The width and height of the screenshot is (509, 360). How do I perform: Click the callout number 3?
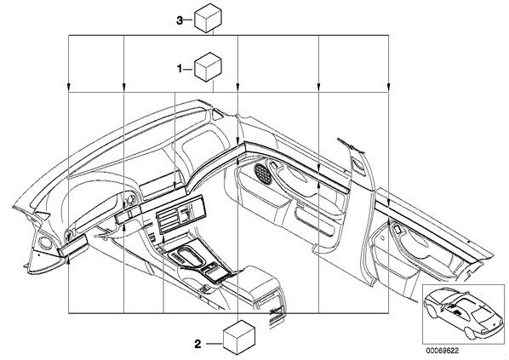pyautogui.click(x=180, y=20)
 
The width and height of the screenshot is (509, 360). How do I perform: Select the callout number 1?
pyautogui.click(x=180, y=69)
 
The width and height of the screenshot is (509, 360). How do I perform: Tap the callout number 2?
pyautogui.click(x=197, y=344)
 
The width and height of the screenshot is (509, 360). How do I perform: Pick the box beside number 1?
pyautogui.click(x=208, y=66)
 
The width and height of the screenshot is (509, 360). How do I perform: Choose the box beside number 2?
pyautogui.click(x=239, y=338)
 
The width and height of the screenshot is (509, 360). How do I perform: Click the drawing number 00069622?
pyautogui.click(x=443, y=351)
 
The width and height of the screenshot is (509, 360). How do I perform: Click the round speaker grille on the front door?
pyautogui.click(x=262, y=174)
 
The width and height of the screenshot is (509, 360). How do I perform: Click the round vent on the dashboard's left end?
pyautogui.click(x=43, y=243)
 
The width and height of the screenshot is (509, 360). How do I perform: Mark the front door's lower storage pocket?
pyautogui.click(x=316, y=222)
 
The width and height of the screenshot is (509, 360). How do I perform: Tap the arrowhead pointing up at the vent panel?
pyautogui.click(x=163, y=239)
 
